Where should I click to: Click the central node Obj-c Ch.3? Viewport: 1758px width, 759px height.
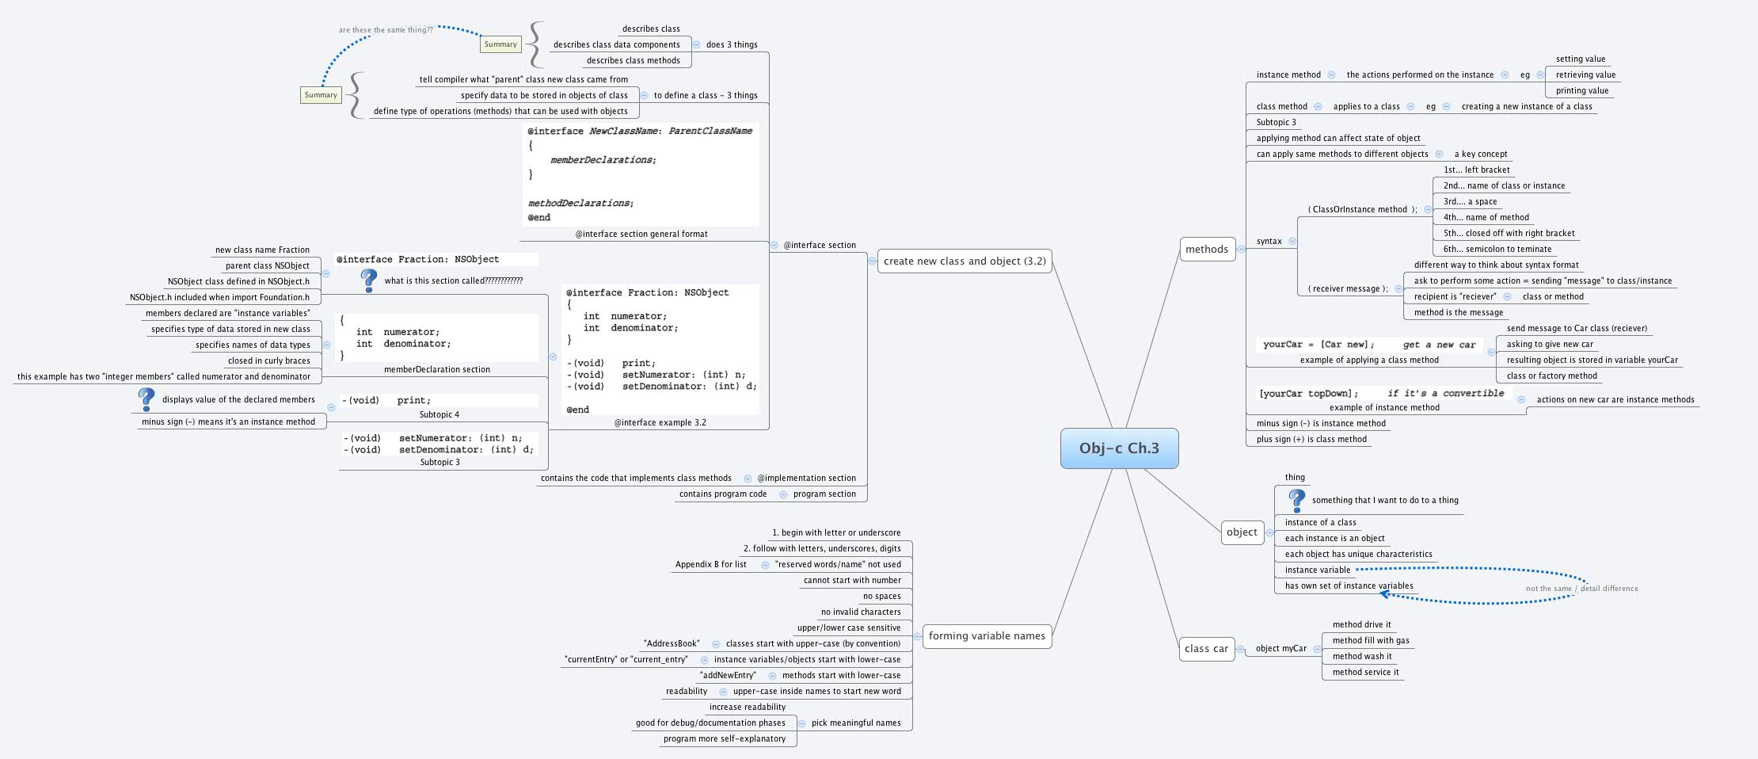pyautogui.click(x=1119, y=448)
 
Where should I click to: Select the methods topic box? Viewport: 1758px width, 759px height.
pyautogui.click(x=1206, y=250)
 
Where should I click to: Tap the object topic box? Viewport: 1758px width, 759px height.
pyautogui.click(x=1241, y=532)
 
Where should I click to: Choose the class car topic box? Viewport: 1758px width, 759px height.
pyautogui.click(x=1206, y=649)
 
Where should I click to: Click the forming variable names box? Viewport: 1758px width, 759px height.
pyautogui.click(x=987, y=635)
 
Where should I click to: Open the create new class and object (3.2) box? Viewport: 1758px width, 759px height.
pyautogui.click(x=965, y=261)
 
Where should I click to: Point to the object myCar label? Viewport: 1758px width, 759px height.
pyautogui.click(x=1280, y=649)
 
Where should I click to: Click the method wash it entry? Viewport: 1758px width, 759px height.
pyautogui.click(x=1361, y=657)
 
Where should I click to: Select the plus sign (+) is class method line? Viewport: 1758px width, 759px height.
pyautogui.click(x=1311, y=440)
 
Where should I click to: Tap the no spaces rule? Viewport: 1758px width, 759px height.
pyautogui.click(x=881, y=597)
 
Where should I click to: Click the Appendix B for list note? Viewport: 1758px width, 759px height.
pyautogui.click(x=710, y=565)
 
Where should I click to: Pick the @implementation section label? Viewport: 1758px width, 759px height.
pyautogui.click(x=806, y=479)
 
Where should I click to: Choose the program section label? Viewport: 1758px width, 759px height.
pyautogui.click(x=824, y=494)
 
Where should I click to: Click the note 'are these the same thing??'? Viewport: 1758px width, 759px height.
pyautogui.click(x=386, y=30)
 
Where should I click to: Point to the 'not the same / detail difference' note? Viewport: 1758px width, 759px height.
pyautogui.click(x=1581, y=589)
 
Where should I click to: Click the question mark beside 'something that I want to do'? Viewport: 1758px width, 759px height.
pyautogui.click(x=1296, y=500)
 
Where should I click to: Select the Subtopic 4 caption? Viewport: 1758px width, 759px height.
pyautogui.click(x=439, y=415)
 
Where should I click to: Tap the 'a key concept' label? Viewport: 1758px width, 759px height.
pyautogui.click(x=1480, y=154)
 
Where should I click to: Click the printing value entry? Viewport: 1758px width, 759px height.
pyautogui.click(x=1581, y=91)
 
